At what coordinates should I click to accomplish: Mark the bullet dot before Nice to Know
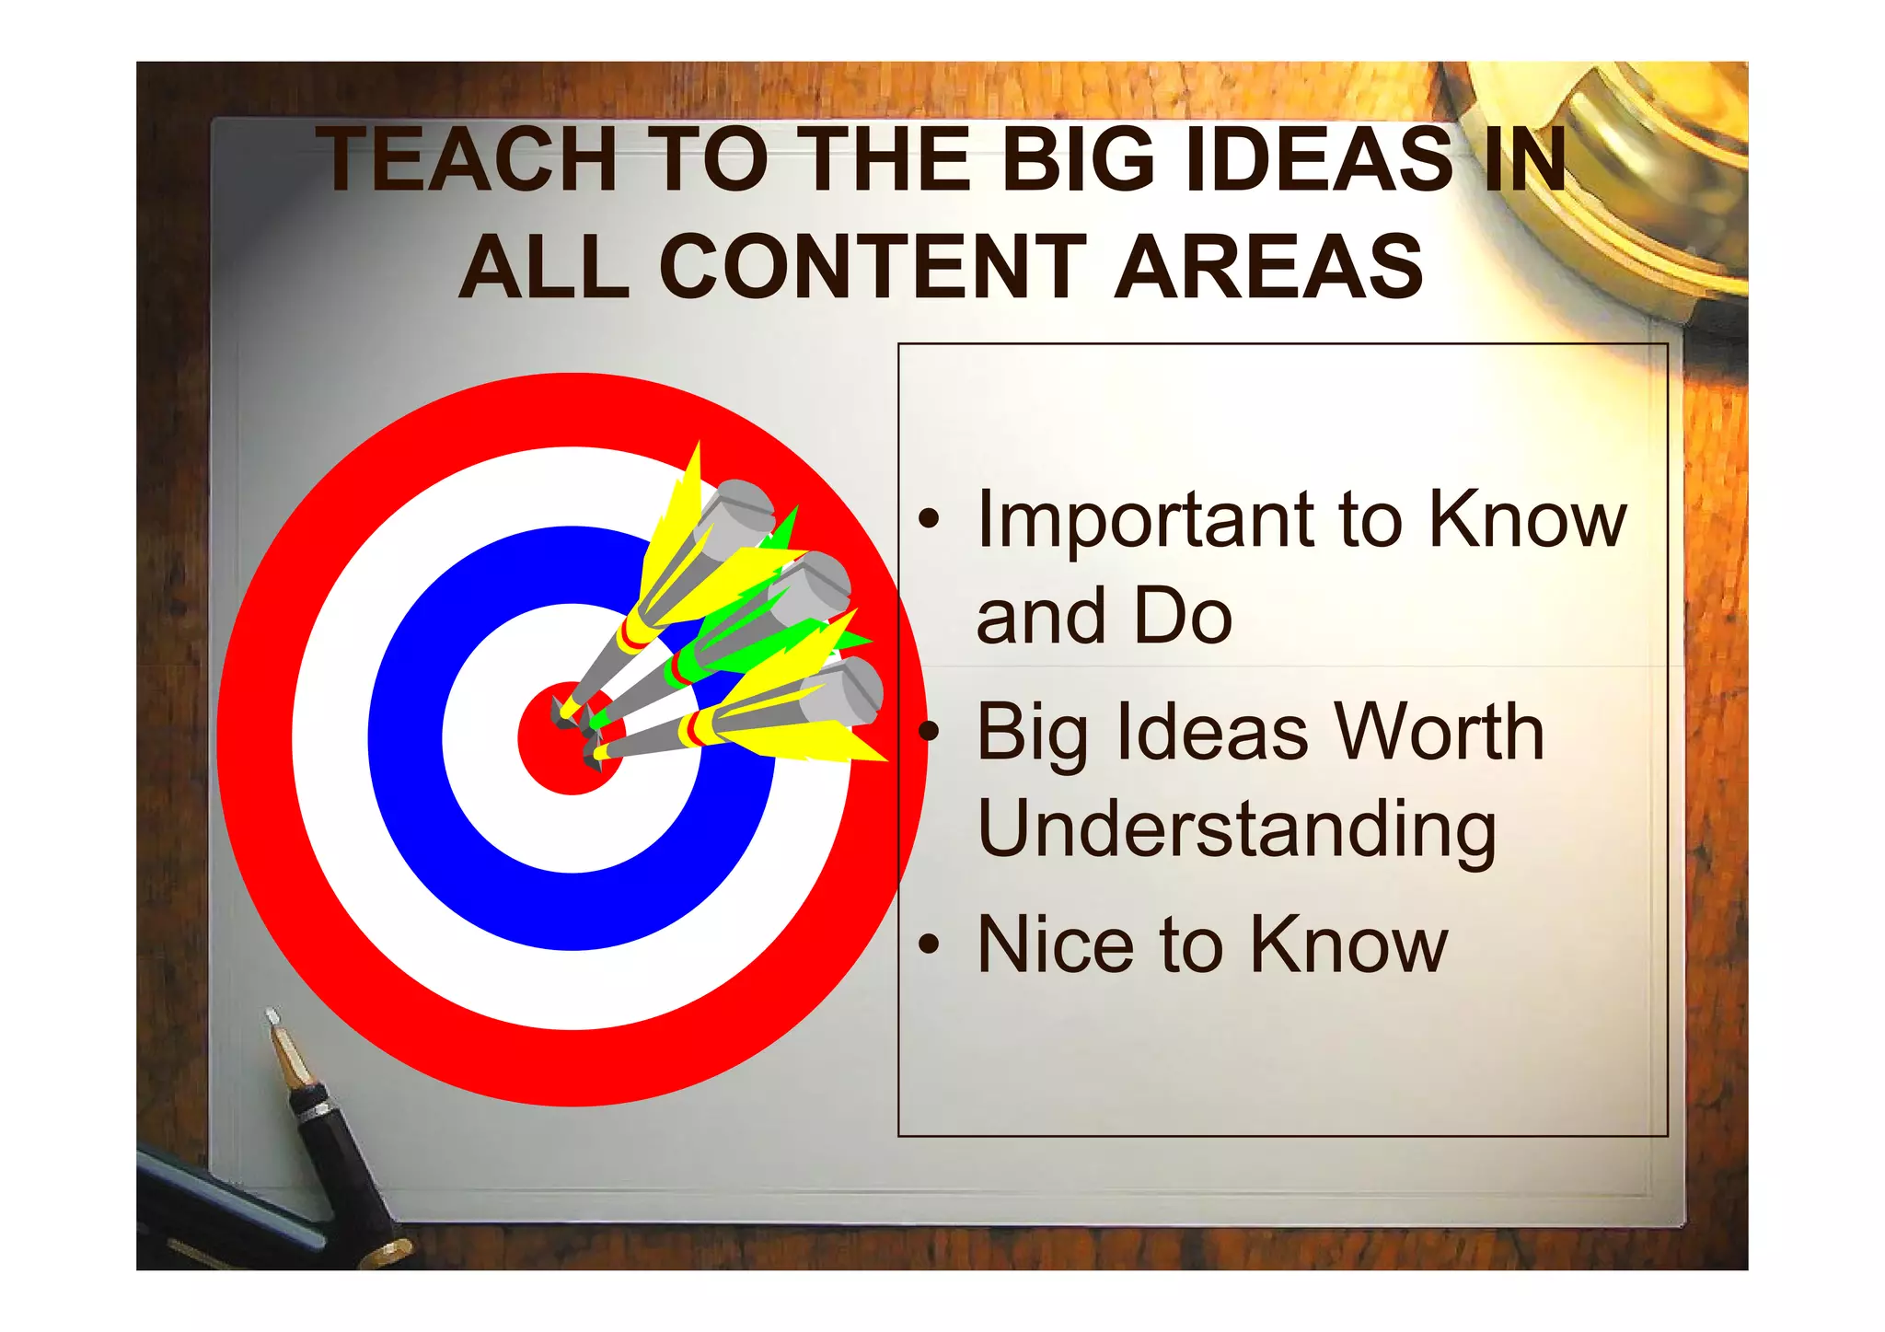[x=930, y=945]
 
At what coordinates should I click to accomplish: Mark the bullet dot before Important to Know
[x=930, y=521]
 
